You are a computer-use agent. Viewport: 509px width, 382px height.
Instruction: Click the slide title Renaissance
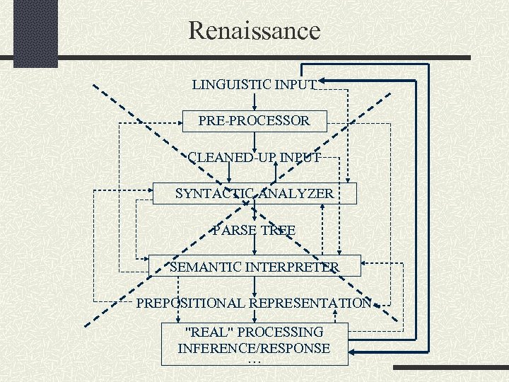(255, 30)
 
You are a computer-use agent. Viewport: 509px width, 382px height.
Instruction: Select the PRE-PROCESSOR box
(254, 121)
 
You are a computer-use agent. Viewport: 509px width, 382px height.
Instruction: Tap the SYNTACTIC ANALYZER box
(255, 193)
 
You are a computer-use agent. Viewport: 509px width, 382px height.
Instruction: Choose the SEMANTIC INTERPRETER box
(255, 267)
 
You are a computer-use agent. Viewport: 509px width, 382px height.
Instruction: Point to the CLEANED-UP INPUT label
(255, 157)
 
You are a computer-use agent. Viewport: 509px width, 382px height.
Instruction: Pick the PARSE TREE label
(255, 230)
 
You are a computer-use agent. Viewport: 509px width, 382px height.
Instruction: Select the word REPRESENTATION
(310, 303)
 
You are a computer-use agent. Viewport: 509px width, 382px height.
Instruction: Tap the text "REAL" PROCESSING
(254, 332)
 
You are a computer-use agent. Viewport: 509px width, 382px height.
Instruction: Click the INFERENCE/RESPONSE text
(254, 348)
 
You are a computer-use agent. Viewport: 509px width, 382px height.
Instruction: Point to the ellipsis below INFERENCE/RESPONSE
(255, 360)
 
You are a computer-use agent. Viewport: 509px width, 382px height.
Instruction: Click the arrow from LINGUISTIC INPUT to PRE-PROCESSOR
(255, 100)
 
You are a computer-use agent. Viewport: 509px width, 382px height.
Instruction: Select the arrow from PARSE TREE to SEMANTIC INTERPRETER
(255, 245)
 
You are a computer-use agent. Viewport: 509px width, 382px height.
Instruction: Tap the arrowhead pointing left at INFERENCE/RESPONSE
(353, 352)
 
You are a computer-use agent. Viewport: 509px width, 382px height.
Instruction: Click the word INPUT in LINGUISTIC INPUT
(296, 84)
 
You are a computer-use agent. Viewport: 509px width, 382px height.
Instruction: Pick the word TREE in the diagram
(278, 230)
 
